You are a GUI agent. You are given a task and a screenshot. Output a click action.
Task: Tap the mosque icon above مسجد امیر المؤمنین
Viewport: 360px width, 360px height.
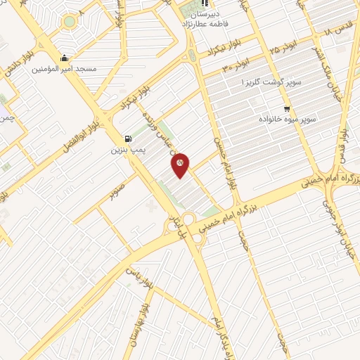point(65,58)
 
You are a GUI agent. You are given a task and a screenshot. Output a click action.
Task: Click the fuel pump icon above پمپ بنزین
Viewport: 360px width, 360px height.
point(127,139)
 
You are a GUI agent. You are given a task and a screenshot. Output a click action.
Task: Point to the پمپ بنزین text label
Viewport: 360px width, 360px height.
point(126,150)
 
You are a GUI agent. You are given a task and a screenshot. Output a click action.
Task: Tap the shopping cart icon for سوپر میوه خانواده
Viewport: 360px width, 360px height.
point(286,109)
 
